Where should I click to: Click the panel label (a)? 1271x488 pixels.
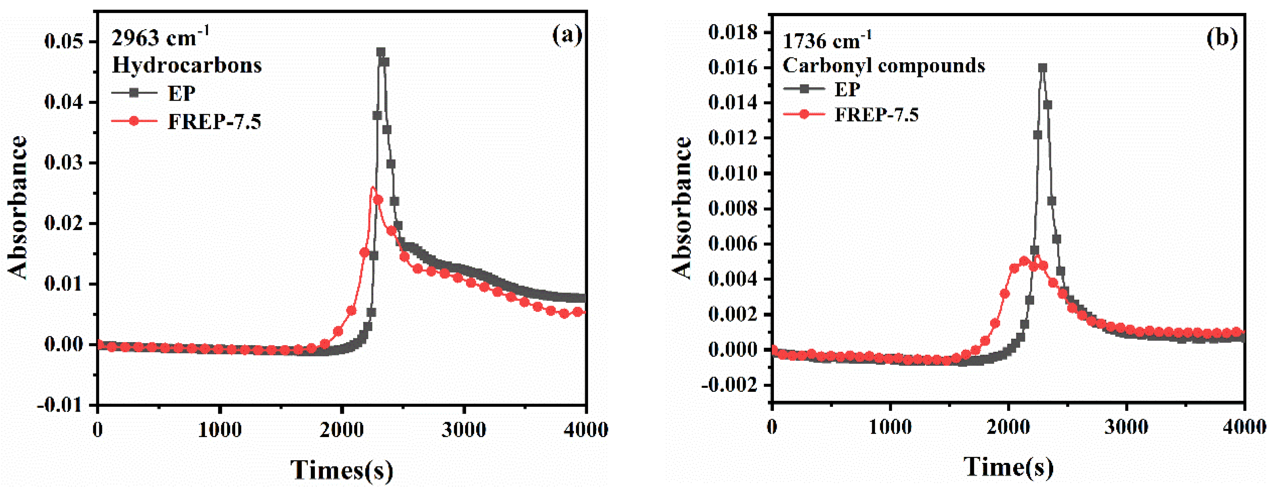coord(567,35)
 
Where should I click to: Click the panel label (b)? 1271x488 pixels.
coord(1222,38)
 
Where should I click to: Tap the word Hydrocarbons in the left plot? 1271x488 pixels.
coord(186,65)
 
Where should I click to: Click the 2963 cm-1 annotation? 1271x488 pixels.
coord(160,38)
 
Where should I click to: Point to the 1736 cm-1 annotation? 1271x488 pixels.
coord(827,40)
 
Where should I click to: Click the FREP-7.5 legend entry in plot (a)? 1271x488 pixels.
coord(214,121)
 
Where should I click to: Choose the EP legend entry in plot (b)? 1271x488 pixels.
coord(847,89)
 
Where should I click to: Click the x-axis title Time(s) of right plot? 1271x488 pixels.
coord(1008,466)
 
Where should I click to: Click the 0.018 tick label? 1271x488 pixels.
coord(732,33)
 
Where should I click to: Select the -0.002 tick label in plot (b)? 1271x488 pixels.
coord(729,385)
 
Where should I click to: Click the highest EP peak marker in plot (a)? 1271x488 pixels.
coord(380,52)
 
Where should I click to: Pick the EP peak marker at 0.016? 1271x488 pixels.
coord(1042,68)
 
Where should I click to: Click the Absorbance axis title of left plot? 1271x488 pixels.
coord(18,207)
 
